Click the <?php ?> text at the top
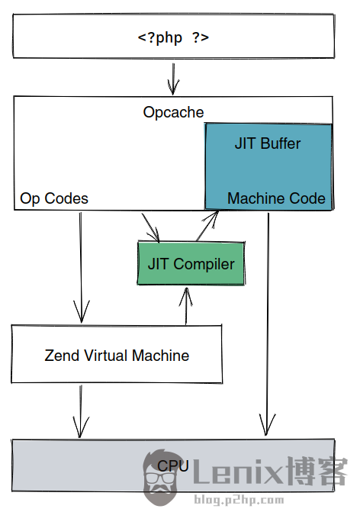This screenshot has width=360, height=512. [173, 37]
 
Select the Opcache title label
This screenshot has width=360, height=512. [173, 112]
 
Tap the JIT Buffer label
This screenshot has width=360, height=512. [267, 143]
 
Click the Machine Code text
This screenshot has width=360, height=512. [276, 198]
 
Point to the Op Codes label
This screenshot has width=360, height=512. [54, 198]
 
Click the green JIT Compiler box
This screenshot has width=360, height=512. [191, 264]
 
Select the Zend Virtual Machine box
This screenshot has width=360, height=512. [117, 355]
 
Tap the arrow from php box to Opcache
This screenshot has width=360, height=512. [174, 76]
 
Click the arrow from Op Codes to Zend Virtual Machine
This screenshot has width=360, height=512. [81, 267]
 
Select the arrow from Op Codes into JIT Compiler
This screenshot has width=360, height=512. [150, 226]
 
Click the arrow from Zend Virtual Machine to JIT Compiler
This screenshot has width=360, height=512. [185, 305]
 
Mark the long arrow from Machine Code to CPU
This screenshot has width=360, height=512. [268, 320]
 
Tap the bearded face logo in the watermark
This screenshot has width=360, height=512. [162, 478]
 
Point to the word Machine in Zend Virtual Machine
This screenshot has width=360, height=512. [161, 355]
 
